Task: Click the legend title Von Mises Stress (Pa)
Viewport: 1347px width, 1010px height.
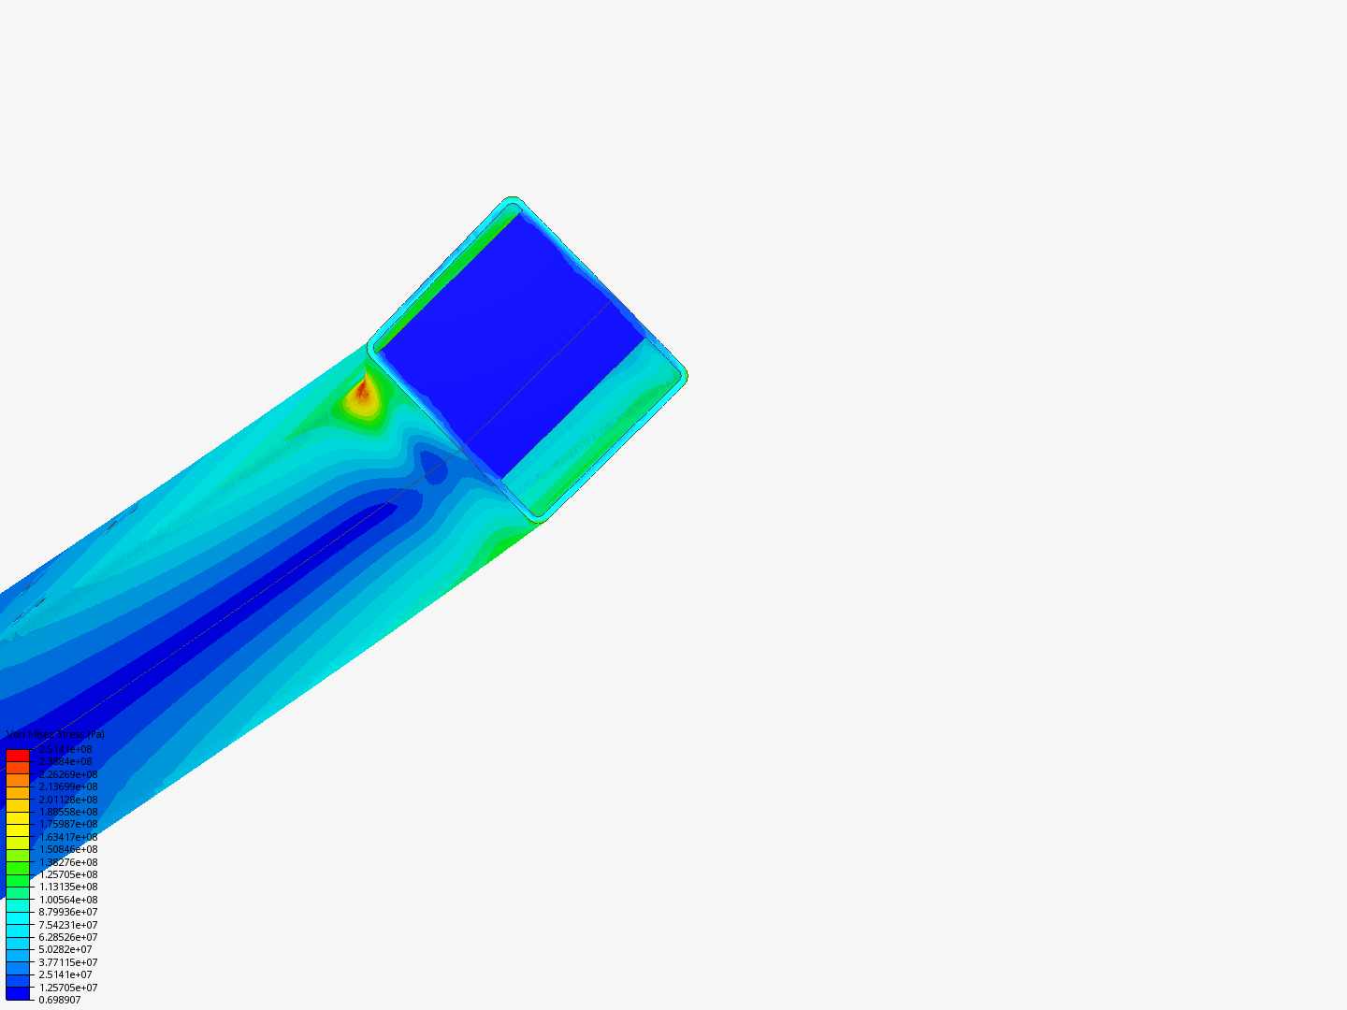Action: pyautogui.click(x=55, y=735)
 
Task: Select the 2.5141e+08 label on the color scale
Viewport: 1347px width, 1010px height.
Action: pyautogui.click(x=65, y=749)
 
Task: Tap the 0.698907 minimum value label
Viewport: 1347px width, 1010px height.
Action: pyautogui.click(x=60, y=1000)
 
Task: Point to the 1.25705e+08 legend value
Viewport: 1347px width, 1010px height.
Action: pyautogui.click(x=68, y=874)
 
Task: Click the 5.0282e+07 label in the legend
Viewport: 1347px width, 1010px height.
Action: pyautogui.click(x=65, y=949)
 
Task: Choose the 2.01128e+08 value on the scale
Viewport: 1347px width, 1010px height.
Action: pyautogui.click(x=68, y=800)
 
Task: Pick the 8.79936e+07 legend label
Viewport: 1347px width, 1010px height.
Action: pyautogui.click(x=68, y=912)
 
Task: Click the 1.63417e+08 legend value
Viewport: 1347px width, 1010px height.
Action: pyautogui.click(x=68, y=837)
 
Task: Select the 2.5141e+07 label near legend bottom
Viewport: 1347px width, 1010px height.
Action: pyautogui.click(x=65, y=974)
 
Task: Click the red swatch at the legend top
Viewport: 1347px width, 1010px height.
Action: pyautogui.click(x=18, y=755)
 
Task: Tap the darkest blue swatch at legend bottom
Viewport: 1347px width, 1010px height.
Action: pyautogui.click(x=18, y=993)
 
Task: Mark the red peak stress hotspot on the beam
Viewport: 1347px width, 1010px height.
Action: pyautogui.click(x=362, y=392)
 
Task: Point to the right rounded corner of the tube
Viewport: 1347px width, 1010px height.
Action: pyautogui.click(x=683, y=375)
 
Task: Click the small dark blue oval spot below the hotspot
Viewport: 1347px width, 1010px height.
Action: pyautogui.click(x=432, y=465)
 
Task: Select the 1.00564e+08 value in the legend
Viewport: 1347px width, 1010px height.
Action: pyautogui.click(x=68, y=900)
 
